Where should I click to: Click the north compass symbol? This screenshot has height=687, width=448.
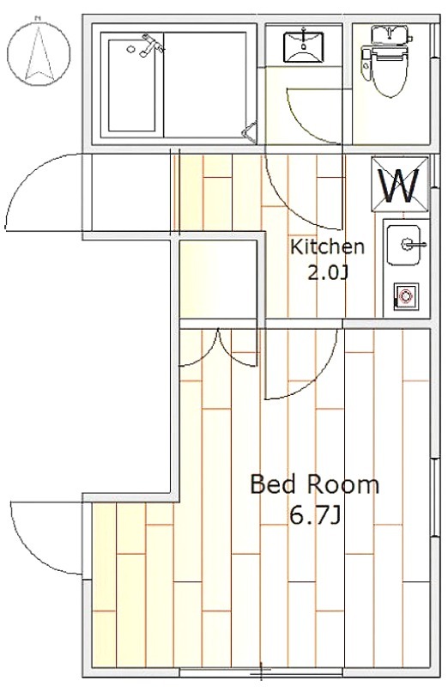pos(39,52)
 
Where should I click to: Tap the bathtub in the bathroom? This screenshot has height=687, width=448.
pos(132,85)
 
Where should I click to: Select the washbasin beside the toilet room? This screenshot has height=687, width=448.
pos(304,44)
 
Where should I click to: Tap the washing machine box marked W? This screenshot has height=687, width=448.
pos(400,184)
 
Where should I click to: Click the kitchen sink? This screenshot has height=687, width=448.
pos(403,245)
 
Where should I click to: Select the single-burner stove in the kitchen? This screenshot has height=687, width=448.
pos(406,296)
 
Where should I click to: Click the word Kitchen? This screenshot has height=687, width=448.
pos(327,246)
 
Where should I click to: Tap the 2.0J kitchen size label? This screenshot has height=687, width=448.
pos(328,273)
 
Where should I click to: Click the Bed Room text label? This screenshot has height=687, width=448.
pos(314,485)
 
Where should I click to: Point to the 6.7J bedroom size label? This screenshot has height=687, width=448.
pos(315,517)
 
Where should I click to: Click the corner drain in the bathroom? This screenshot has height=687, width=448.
pos(250,132)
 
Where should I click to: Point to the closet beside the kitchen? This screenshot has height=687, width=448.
pos(218,278)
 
